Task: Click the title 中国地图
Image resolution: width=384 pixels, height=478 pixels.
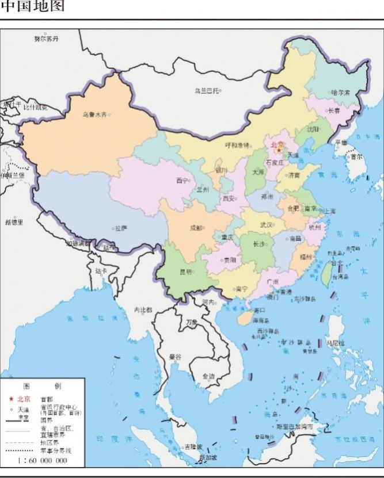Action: pyautogui.click(x=33, y=7)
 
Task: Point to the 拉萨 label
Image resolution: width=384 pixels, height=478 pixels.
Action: pyautogui.click(x=120, y=228)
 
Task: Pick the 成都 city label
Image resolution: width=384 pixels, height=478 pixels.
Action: pyautogui.click(x=196, y=228)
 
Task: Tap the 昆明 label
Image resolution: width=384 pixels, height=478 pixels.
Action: pyautogui.click(x=185, y=271)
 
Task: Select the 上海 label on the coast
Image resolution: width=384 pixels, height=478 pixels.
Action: pyautogui.click(x=330, y=211)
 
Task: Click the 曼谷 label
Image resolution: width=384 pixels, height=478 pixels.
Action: pyautogui.click(x=175, y=356)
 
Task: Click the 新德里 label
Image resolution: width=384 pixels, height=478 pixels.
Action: pyautogui.click(x=14, y=221)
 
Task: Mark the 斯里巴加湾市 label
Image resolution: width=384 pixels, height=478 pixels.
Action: pyautogui.click(x=294, y=427)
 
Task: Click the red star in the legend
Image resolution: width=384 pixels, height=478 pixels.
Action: pyautogui.click(x=11, y=399)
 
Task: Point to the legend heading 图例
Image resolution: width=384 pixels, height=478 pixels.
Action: pyautogui.click(x=41, y=386)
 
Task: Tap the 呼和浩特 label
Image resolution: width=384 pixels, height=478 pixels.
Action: pyautogui.click(x=237, y=145)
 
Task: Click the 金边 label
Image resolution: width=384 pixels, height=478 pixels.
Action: pyautogui.click(x=208, y=376)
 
